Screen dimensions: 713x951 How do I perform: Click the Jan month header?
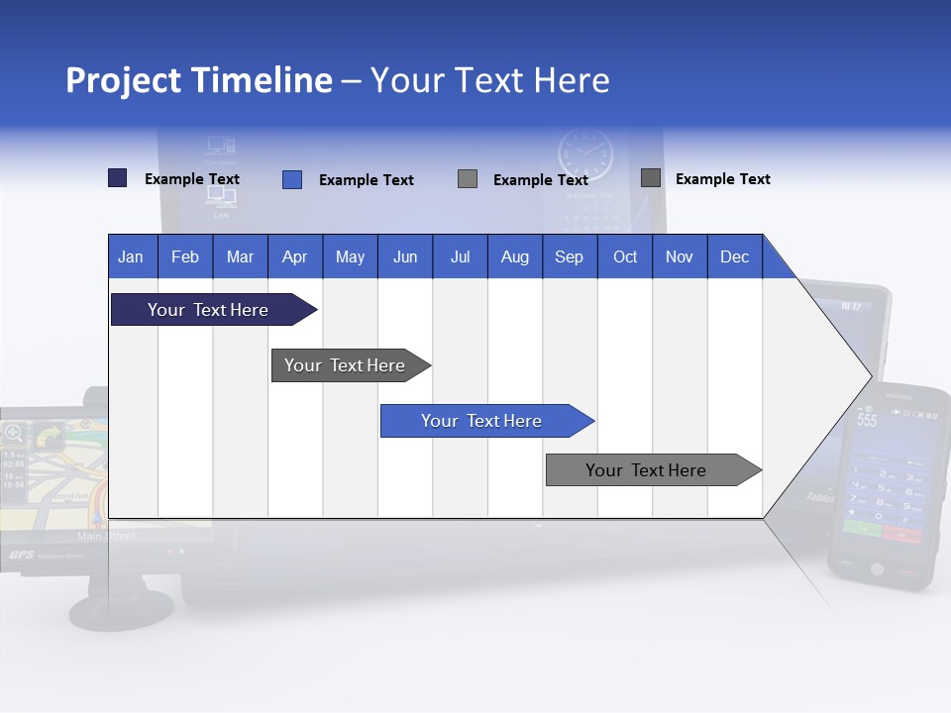click(131, 256)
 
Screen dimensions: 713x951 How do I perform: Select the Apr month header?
click(295, 256)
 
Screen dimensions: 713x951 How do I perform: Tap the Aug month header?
click(514, 256)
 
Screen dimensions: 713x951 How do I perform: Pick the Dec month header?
click(734, 256)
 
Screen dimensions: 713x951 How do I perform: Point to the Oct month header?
click(625, 256)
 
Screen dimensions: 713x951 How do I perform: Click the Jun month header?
click(405, 256)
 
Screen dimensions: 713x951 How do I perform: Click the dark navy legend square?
click(117, 178)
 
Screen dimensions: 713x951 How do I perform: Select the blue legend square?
click(292, 179)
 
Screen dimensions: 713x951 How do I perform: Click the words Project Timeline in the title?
click(198, 80)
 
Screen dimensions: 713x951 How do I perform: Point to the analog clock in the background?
click(585, 156)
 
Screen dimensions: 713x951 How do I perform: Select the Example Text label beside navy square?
click(192, 179)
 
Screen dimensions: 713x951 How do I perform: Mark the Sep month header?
click(569, 256)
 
